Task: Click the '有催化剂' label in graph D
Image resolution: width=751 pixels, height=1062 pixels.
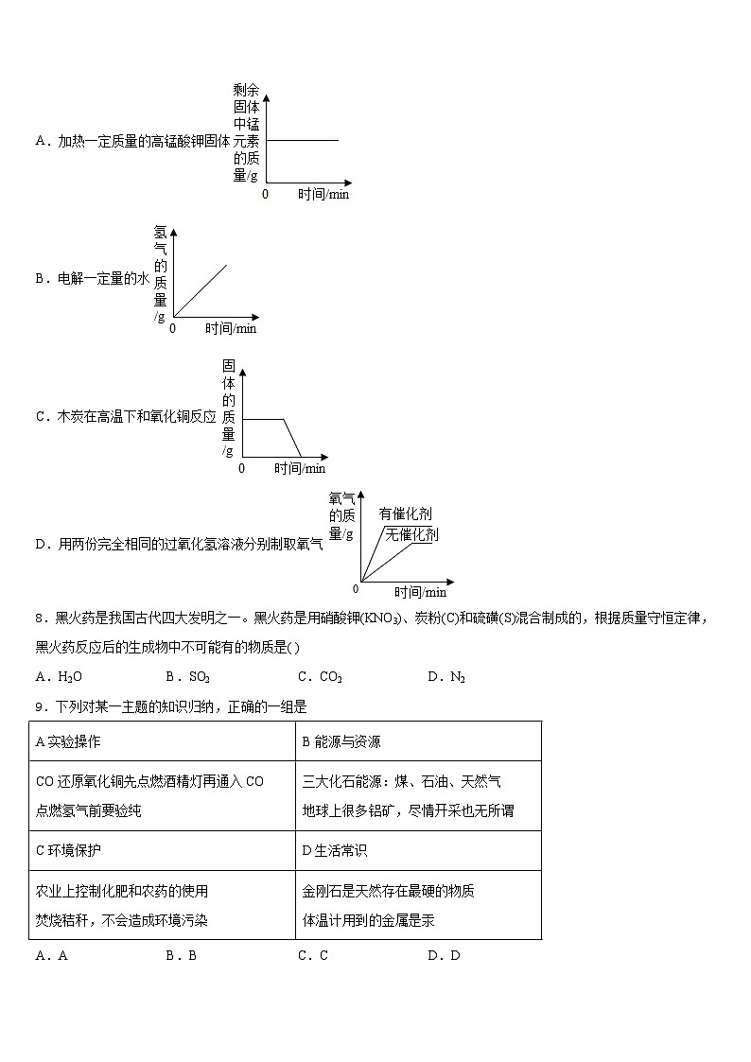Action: pyautogui.click(x=405, y=514)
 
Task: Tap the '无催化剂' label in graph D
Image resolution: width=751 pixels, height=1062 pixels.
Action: pyautogui.click(x=411, y=534)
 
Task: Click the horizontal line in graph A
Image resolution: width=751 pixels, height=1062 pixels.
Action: pyautogui.click(x=302, y=140)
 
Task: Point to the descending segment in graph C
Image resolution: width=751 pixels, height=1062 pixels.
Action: pyautogui.click(x=292, y=438)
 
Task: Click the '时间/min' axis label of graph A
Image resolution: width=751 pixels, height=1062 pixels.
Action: pyautogui.click(x=323, y=194)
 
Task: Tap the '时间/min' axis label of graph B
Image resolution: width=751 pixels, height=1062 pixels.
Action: pyautogui.click(x=231, y=329)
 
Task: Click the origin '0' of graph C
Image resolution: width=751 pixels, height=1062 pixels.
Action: pyautogui.click(x=241, y=468)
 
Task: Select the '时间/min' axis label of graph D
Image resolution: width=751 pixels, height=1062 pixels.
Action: pyautogui.click(x=420, y=593)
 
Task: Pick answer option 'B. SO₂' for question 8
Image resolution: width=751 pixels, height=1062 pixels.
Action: pyautogui.click(x=187, y=676)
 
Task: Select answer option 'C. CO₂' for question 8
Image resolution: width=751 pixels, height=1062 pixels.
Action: pyautogui.click(x=320, y=676)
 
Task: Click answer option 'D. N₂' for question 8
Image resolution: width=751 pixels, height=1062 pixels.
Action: pyautogui.click(x=446, y=676)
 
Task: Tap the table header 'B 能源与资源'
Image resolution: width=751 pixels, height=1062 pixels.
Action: pyautogui.click(x=341, y=741)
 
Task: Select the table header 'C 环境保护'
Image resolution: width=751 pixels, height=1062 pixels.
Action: pyautogui.click(x=68, y=850)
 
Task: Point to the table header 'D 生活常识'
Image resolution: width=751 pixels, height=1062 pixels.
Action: pyautogui.click(x=335, y=850)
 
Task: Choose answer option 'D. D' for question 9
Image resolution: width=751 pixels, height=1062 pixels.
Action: pyautogui.click(x=444, y=955)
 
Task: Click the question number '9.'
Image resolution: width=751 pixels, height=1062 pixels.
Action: pyautogui.click(x=40, y=705)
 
